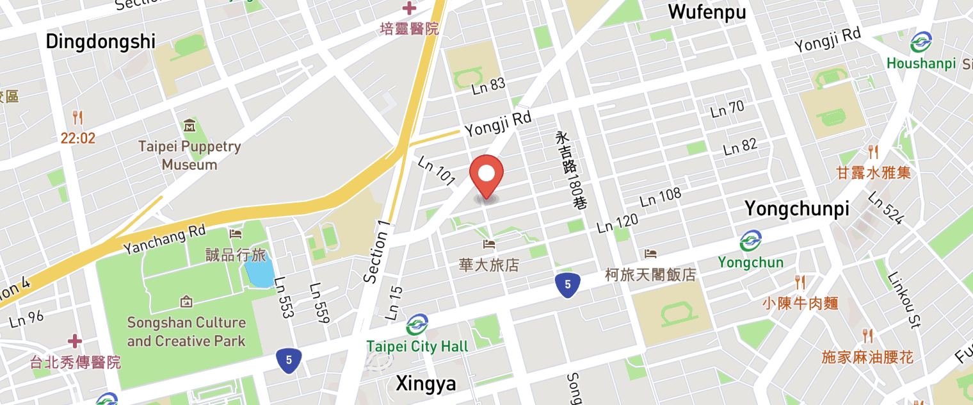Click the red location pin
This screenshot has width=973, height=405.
click(x=486, y=175)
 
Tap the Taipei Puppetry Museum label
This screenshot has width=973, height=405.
click(x=189, y=155)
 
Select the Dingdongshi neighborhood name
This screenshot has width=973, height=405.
click(x=101, y=42)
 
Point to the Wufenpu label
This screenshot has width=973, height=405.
click(x=707, y=12)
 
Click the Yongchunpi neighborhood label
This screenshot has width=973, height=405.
click(x=797, y=209)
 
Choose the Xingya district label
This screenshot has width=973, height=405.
click(x=426, y=384)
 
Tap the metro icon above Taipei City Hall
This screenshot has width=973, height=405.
click(x=417, y=324)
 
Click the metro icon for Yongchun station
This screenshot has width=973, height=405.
click(x=750, y=241)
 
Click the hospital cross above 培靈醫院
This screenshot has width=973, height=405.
click(x=409, y=8)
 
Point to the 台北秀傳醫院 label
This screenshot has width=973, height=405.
click(x=76, y=363)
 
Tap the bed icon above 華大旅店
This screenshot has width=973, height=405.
click(x=489, y=244)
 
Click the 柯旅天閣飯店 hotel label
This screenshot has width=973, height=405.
click(x=650, y=275)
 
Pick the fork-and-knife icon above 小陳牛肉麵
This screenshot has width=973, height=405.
click(x=800, y=282)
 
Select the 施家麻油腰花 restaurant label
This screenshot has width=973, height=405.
click(x=867, y=357)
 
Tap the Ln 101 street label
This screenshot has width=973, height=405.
click(x=436, y=171)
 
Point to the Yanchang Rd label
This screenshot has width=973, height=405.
click(x=165, y=238)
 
